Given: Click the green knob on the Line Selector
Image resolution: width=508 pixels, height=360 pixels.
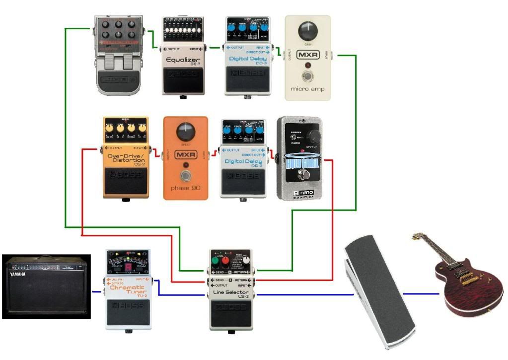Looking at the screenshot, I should (x=217, y=261).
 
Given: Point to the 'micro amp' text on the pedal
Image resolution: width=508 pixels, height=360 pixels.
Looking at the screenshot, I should (x=308, y=90).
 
